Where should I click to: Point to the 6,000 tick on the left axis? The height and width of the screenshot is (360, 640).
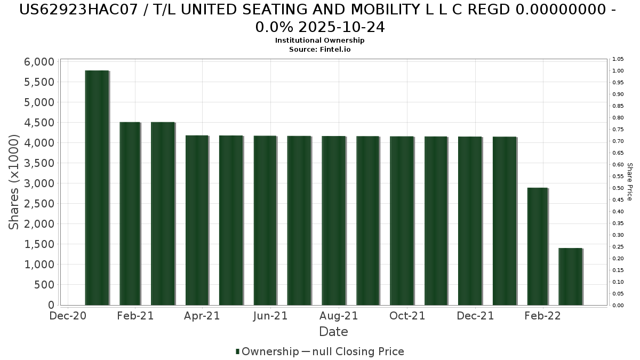tap(39, 62)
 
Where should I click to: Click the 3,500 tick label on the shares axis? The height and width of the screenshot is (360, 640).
tap(39, 163)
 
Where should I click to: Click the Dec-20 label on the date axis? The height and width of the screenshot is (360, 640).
tap(67, 316)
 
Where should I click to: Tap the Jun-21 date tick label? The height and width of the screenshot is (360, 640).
tap(270, 316)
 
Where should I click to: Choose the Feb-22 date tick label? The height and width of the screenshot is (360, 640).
tap(543, 316)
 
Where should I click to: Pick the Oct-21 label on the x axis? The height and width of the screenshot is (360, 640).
tap(407, 316)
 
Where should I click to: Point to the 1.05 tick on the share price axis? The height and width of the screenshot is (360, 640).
tap(618, 59)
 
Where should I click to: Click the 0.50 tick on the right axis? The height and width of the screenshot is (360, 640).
tap(618, 188)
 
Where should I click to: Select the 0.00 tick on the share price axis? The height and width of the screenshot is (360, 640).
tap(618, 306)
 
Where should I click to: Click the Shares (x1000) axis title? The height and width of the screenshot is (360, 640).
tap(14, 182)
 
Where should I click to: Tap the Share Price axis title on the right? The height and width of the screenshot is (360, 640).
tap(630, 182)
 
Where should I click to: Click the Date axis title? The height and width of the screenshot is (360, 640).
tap(333, 332)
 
